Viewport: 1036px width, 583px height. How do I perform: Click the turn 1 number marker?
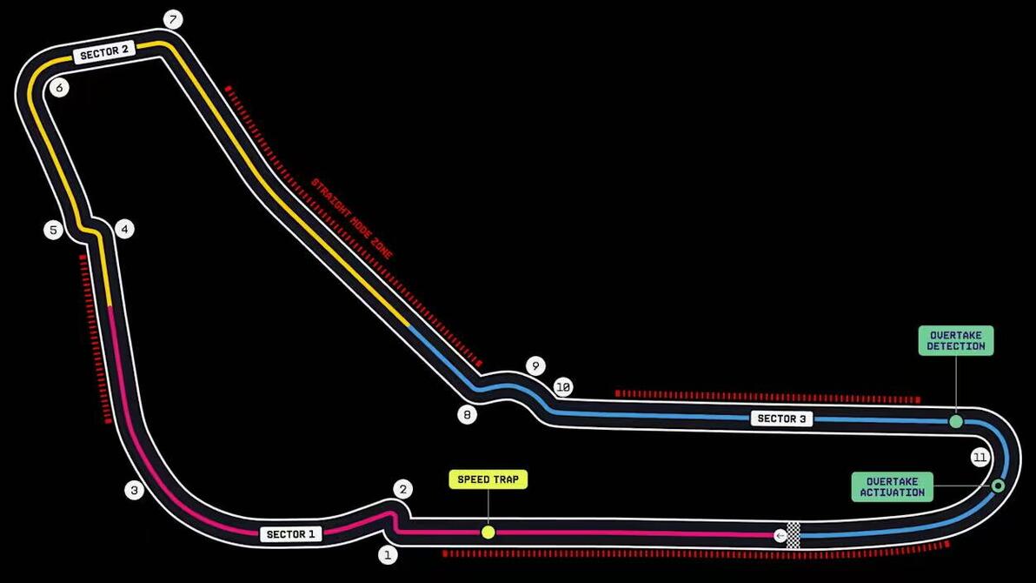(388, 554)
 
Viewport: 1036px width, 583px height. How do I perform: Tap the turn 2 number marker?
(403, 490)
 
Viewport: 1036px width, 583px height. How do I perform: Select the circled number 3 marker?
(134, 491)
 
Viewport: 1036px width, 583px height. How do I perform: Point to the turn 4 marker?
(124, 230)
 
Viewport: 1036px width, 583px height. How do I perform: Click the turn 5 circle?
(54, 231)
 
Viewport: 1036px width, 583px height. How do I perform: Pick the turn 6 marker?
(59, 87)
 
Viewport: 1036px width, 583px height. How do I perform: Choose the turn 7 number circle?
(173, 20)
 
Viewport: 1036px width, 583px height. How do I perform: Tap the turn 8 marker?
(467, 415)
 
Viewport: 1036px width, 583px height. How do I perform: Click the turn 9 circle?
(536, 366)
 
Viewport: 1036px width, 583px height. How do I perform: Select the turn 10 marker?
(563, 387)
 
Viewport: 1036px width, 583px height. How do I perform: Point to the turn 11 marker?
(980, 458)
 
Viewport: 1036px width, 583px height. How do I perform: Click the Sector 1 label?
(290, 534)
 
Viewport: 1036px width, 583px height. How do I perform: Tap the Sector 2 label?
(103, 51)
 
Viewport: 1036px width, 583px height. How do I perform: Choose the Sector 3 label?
(781, 419)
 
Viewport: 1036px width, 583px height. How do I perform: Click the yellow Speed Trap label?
(488, 479)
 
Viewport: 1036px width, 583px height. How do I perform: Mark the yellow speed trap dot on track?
(488, 532)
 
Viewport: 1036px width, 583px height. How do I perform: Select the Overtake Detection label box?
(956, 341)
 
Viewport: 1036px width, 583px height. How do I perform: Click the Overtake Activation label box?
(892, 487)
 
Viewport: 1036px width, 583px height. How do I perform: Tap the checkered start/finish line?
(793, 535)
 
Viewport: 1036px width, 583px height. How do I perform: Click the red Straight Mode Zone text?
(352, 218)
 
